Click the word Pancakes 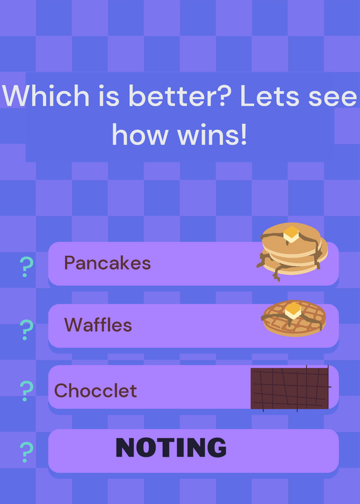point(107,263)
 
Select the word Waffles point(98,324)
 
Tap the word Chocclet point(96,391)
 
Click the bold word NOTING point(171,447)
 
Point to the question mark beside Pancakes point(26,266)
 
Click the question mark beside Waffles point(26,329)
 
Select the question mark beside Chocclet point(26,391)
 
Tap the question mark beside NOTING point(26,452)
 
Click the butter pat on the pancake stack point(291,234)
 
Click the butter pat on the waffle point(293,311)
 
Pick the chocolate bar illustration point(291,389)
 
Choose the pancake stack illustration point(292,251)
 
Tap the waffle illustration point(293,318)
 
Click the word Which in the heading point(45,96)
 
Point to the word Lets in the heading point(270,96)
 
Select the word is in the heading point(108,96)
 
